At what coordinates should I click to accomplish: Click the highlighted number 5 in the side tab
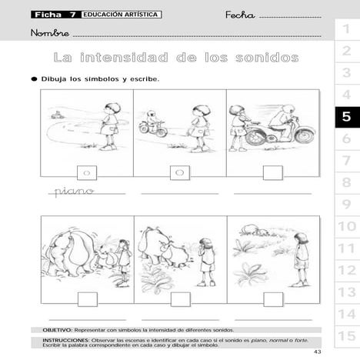pyautogui.click(x=345, y=117)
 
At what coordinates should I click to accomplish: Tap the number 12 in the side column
pyautogui.click(x=346, y=270)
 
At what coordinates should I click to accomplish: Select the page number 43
pyautogui.click(x=339, y=352)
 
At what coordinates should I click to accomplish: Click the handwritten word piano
pyautogui.click(x=74, y=191)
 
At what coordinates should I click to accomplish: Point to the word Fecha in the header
pyautogui.click(x=240, y=15)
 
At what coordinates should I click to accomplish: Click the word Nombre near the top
pyautogui.click(x=50, y=33)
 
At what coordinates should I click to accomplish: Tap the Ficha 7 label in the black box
pyautogui.click(x=55, y=15)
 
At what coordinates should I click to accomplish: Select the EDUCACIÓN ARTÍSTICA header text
pyautogui.click(x=121, y=15)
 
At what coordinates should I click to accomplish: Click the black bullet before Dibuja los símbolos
pyautogui.click(x=34, y=78)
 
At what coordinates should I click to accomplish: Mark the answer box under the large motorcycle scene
pyautogui.click(x=272, y=172)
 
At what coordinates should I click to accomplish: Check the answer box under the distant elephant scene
pyautogui.click(x=272, y=298)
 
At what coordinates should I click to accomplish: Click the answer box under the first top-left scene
pyautogui.click(x=87, y=172)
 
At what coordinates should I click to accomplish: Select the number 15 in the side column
pyautogui.click(x=346, y=336)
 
